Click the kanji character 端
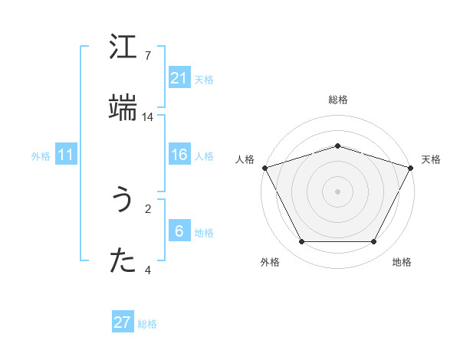(123, 108)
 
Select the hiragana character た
(123, 261)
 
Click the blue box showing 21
(179, 78)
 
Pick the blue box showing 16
(179, 155)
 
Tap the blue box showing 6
(179, 231)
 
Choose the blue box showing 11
(66, 155)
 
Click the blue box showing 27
(123, 322)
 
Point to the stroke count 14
(148, 117)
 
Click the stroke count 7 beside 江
(148, 56)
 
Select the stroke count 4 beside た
(148, 270)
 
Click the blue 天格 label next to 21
(204, 79)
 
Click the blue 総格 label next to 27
(147, 324)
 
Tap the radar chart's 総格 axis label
(338, 100)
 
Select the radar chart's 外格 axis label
(270, 262)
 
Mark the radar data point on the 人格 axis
(264, 168)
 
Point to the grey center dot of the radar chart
(338, 191)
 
